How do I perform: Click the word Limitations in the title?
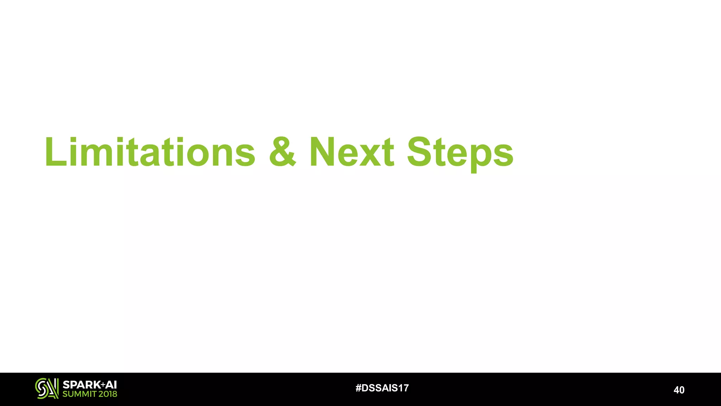150,152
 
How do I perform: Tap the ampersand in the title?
283,152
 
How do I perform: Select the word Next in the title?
352,152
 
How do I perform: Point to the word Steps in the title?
460,153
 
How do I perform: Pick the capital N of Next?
323,152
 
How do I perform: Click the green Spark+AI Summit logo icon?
47,388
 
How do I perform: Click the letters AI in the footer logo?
111,385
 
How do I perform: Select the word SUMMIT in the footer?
79,394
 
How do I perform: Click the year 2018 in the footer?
108,394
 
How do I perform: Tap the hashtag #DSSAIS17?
382,388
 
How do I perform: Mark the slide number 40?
679,390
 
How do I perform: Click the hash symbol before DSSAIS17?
358,388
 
